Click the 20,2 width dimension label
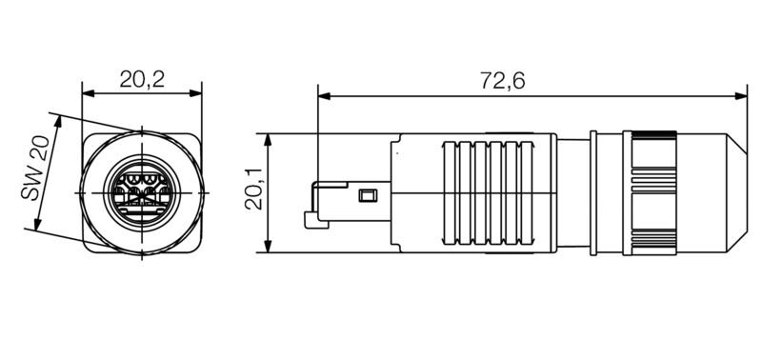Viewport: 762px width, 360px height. point(142,80)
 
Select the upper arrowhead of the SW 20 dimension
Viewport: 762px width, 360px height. point(56,123)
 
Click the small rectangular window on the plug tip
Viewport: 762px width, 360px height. point(364,197)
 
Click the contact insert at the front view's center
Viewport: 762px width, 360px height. point(142,190)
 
